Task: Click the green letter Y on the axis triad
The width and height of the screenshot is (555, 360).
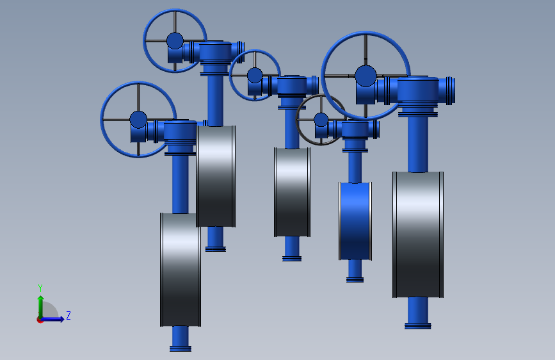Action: tap(40, 288)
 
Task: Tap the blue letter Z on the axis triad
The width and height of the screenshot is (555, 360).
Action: tap(68, 315)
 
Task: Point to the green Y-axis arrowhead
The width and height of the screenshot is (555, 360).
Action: tap(41, 299)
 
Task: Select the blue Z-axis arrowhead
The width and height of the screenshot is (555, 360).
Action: tap(61, 319)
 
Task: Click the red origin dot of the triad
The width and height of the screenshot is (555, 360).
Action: tap(40, 320)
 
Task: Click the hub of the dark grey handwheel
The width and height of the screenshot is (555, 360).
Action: tap(321, 120)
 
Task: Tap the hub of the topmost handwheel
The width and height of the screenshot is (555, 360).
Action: tap(175, 41)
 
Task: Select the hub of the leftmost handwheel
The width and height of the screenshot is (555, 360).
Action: tap(138, 119)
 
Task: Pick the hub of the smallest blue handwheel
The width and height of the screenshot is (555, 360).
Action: tap(255, 75)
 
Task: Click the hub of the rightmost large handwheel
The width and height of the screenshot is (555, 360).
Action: tap(366, 76)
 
